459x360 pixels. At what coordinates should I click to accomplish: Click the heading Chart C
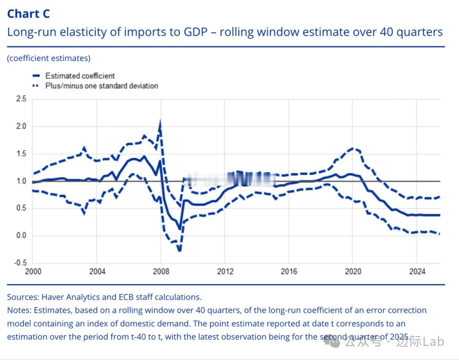pyautogui.click(x=28, y=14)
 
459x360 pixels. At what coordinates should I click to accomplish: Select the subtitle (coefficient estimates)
pyautogui.click(x=48, y=58)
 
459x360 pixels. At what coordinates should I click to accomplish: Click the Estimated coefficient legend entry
pyautogui.click(x=80, y=76)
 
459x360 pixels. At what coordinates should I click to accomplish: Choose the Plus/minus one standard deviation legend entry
pyautogui.click(x=102, y=86)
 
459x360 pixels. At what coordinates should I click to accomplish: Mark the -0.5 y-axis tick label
pyautogui.click(x=20, y=263)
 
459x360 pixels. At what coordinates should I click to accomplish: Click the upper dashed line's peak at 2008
pyautogui.click(x=160, y=122)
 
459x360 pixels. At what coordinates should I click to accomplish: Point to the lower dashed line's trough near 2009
pyautogui.click(x=180, y=251)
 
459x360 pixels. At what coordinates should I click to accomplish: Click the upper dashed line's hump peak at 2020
pyautogui.click(x=353, y=148)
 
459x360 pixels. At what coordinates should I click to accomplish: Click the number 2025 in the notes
pyautogui.click(x=399, y=337)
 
